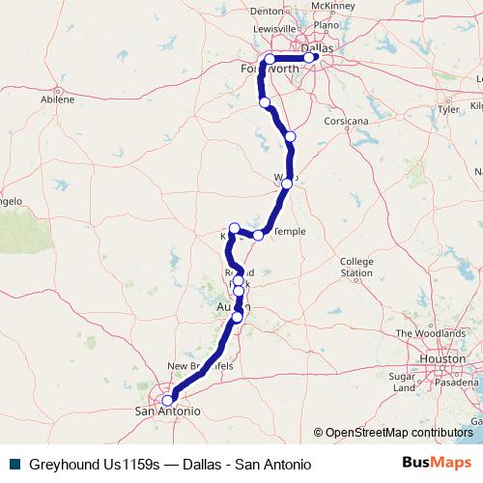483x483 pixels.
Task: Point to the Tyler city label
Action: pos(448,109)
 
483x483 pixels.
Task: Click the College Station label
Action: pos(356,267)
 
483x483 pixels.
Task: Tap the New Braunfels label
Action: pos(200,367)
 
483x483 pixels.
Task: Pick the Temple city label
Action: pos(290,232)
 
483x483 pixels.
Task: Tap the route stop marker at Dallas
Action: pos(309,58)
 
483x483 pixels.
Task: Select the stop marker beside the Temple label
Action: pos(258,235)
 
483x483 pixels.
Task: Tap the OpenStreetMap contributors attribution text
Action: pos(399,432)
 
